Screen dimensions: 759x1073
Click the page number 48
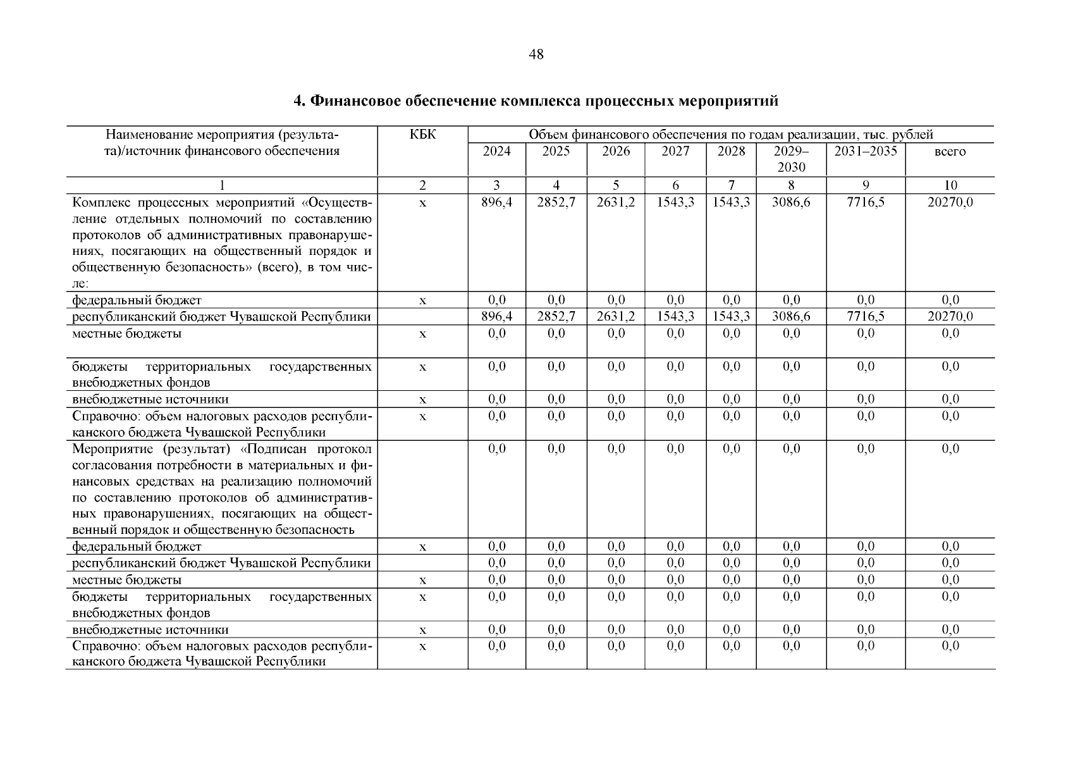(x=536, y=55)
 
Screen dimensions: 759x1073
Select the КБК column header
(x=422, y=135)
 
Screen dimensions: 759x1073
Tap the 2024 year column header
(x=496, y=152)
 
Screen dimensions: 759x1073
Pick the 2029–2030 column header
(x=791, y=159)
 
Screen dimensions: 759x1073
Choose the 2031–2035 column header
(x=866, y=152)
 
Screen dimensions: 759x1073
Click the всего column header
(x=950, y=152)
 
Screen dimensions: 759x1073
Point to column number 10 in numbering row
(x=950, y=185)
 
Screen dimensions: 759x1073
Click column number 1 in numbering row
(x=221, y=185)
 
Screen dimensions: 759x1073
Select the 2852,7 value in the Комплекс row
(x=556, y=203)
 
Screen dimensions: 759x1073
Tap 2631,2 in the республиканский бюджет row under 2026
(x=616, y=317)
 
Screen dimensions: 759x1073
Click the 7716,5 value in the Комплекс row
(x=866, y=203)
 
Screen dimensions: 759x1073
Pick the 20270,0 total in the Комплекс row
(x=950, y=203)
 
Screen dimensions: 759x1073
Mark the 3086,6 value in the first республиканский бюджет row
(x=791, y=317)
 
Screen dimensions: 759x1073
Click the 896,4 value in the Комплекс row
(x=496, y=203)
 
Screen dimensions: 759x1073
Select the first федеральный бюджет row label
(x=137, y=300)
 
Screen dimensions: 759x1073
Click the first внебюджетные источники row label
(x=150, y=400)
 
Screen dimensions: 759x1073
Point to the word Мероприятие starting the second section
(x=112, y=449)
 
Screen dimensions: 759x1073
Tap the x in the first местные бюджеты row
(x=422, y=334)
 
